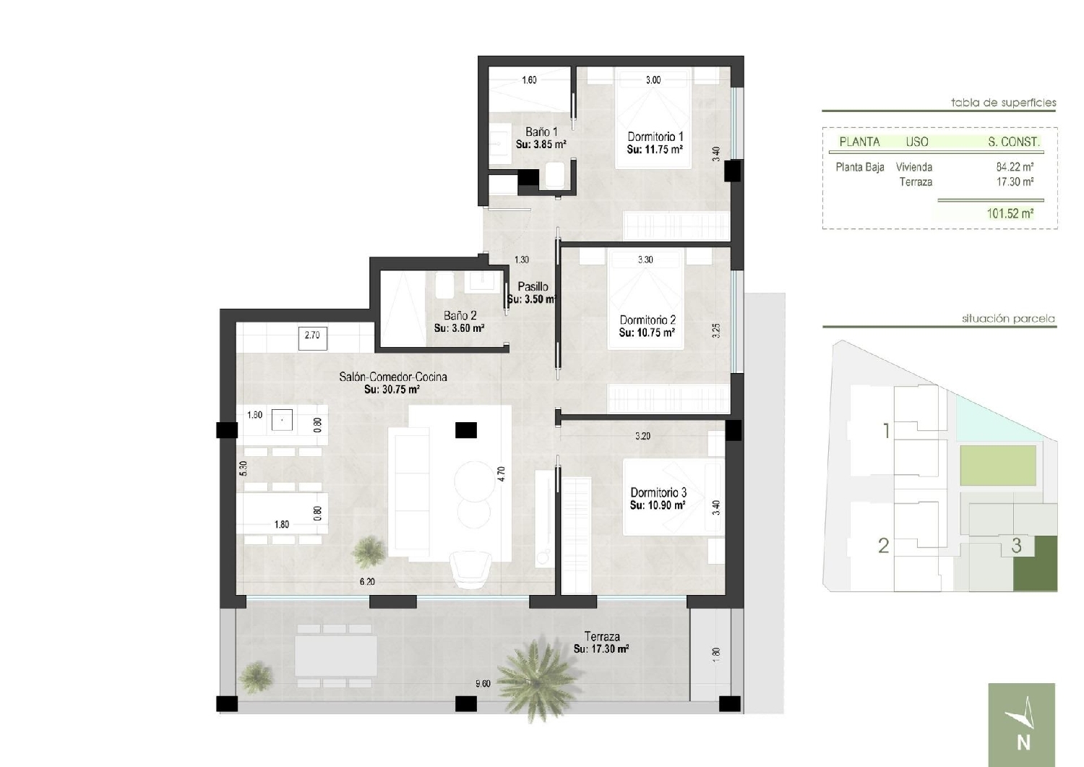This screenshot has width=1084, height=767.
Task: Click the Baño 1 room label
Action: tap(541, 132)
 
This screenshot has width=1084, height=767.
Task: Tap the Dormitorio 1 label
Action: tap(655, 137)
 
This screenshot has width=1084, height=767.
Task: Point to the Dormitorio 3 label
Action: tap(658, 492)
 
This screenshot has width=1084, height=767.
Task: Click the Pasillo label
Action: tap(533, 286)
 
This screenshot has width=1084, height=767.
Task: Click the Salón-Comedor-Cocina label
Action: tap(393, 377)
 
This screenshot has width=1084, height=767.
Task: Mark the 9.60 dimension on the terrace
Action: tap(483, 684)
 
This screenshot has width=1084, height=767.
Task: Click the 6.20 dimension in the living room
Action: tap(367, 581)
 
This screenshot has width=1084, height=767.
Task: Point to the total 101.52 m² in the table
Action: tap(1010, 213)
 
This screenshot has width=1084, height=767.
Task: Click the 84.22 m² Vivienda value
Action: tap(1015, 167)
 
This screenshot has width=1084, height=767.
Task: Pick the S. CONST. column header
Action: tap(1013, 142)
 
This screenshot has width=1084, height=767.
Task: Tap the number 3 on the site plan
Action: tap(1016, 546)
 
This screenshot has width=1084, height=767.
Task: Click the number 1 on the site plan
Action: tap(886, 430)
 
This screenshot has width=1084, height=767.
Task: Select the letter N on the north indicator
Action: tap(1023, 743)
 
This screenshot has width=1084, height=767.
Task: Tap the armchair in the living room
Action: tap(471, 570)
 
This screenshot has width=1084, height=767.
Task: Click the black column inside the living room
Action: tap(466, 430)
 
